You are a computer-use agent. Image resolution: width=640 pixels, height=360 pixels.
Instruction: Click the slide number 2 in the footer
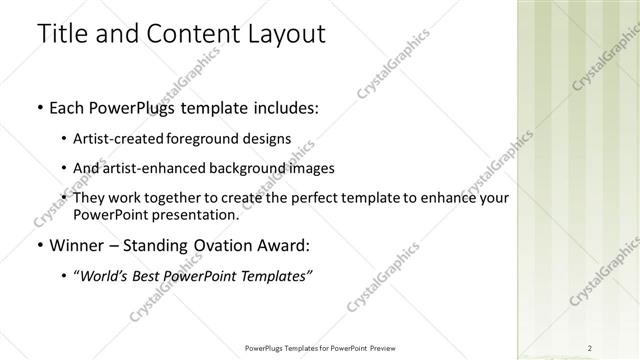pos(590,348)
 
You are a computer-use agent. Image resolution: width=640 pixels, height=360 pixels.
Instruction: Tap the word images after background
pos(309,168)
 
